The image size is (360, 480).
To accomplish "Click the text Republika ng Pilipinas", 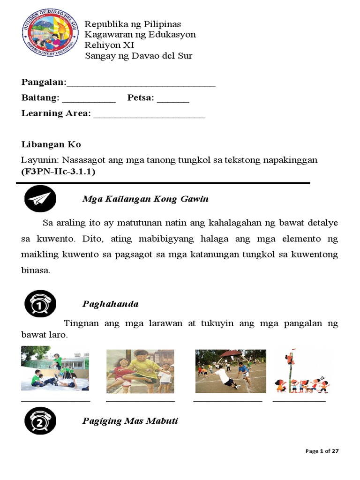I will [132, 24].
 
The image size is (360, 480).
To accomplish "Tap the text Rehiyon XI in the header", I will [109, 45].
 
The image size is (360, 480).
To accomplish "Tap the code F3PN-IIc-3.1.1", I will [58, 172].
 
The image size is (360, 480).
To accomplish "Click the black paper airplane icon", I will [40, 199].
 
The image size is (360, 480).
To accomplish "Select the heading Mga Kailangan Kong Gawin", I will [145, 199].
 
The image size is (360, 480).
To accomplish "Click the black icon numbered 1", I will [40, 304].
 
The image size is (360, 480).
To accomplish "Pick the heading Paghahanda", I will [111, 304].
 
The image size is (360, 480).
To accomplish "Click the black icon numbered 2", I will [40, 420].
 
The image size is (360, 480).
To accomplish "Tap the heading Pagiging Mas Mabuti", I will [130, 420].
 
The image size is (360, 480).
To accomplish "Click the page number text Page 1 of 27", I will [322, 451].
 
